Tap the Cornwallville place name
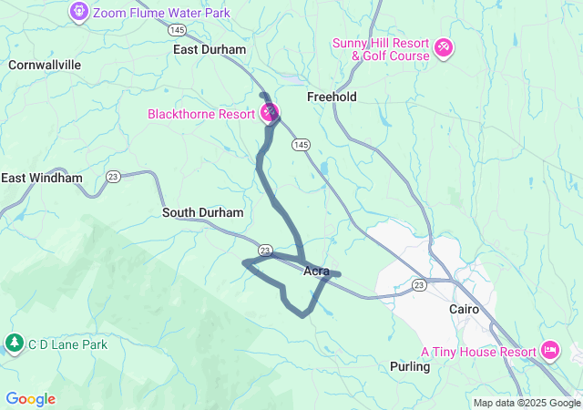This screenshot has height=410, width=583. pos(45,66)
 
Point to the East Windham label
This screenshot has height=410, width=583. pos(42,178)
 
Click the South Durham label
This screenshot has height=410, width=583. pos(203,212)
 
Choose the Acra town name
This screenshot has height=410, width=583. pos(316,271)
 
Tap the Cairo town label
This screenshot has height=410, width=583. pos(465,309)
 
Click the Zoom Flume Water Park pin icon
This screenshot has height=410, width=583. pos(79,13)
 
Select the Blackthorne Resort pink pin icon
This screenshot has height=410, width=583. pos(270,114)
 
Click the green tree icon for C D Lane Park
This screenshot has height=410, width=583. pos(14,343)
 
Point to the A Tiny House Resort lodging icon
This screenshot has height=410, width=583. pos(550,350)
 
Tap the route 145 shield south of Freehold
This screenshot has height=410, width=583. pos(302,145)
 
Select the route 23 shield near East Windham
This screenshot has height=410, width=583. pos(113,177)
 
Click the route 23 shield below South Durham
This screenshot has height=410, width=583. pos(265,250)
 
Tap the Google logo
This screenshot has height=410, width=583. pos(30,399)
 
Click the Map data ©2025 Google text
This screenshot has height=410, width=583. pos(527,403)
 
